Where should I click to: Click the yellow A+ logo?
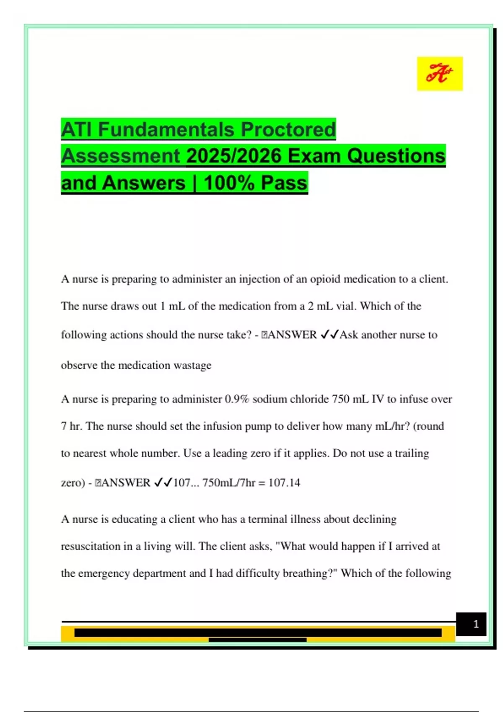pyautogui.click(x=440, y=74)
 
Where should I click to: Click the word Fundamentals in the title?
pyautogui.click(x=166, y=129)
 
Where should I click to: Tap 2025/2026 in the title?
pyautogui.click(x=234, y=156)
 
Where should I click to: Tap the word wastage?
pyautogui.click(x=192, y=365)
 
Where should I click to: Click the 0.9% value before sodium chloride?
pyautogui.click(x=237, y=399)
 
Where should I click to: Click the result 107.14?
pyautogui.click(x=284, y=482)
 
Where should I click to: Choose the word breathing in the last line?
pyautogui.click(x=307, y=573)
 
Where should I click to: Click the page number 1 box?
pyautogui.click(x=471, y=624)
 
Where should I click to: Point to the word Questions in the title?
pyautogui.click(x=396, y=156)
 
